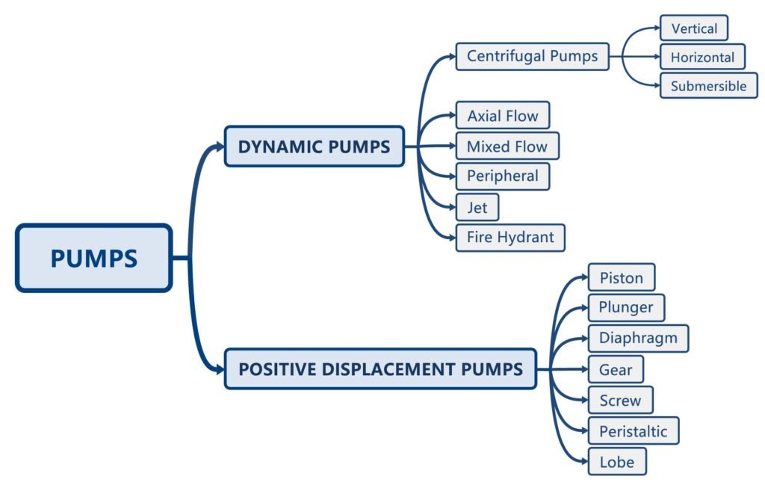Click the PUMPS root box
tap(93, 258)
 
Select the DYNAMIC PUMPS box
tap(314, 146)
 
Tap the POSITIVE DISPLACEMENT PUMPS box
tap(380, 368)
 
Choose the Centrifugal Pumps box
tap(532, 56)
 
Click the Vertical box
tap(693, 28)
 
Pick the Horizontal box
tap(701, 57)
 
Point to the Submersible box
tap(708, 85)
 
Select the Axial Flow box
tap(502, 116)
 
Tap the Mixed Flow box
tap(507, 146)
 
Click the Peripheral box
tap(502, 176)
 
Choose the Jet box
tap(477, 207)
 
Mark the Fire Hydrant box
tap(510, 238)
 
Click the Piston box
tap(621, 277)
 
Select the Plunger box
tap(625, 307)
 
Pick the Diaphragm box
tap(637, 338)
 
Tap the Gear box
tap(615, 369)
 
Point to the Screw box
tap(620, 400)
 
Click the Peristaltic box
tap(633, 430)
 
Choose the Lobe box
tap(616, 461)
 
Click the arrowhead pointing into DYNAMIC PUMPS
tap(218, 146)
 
